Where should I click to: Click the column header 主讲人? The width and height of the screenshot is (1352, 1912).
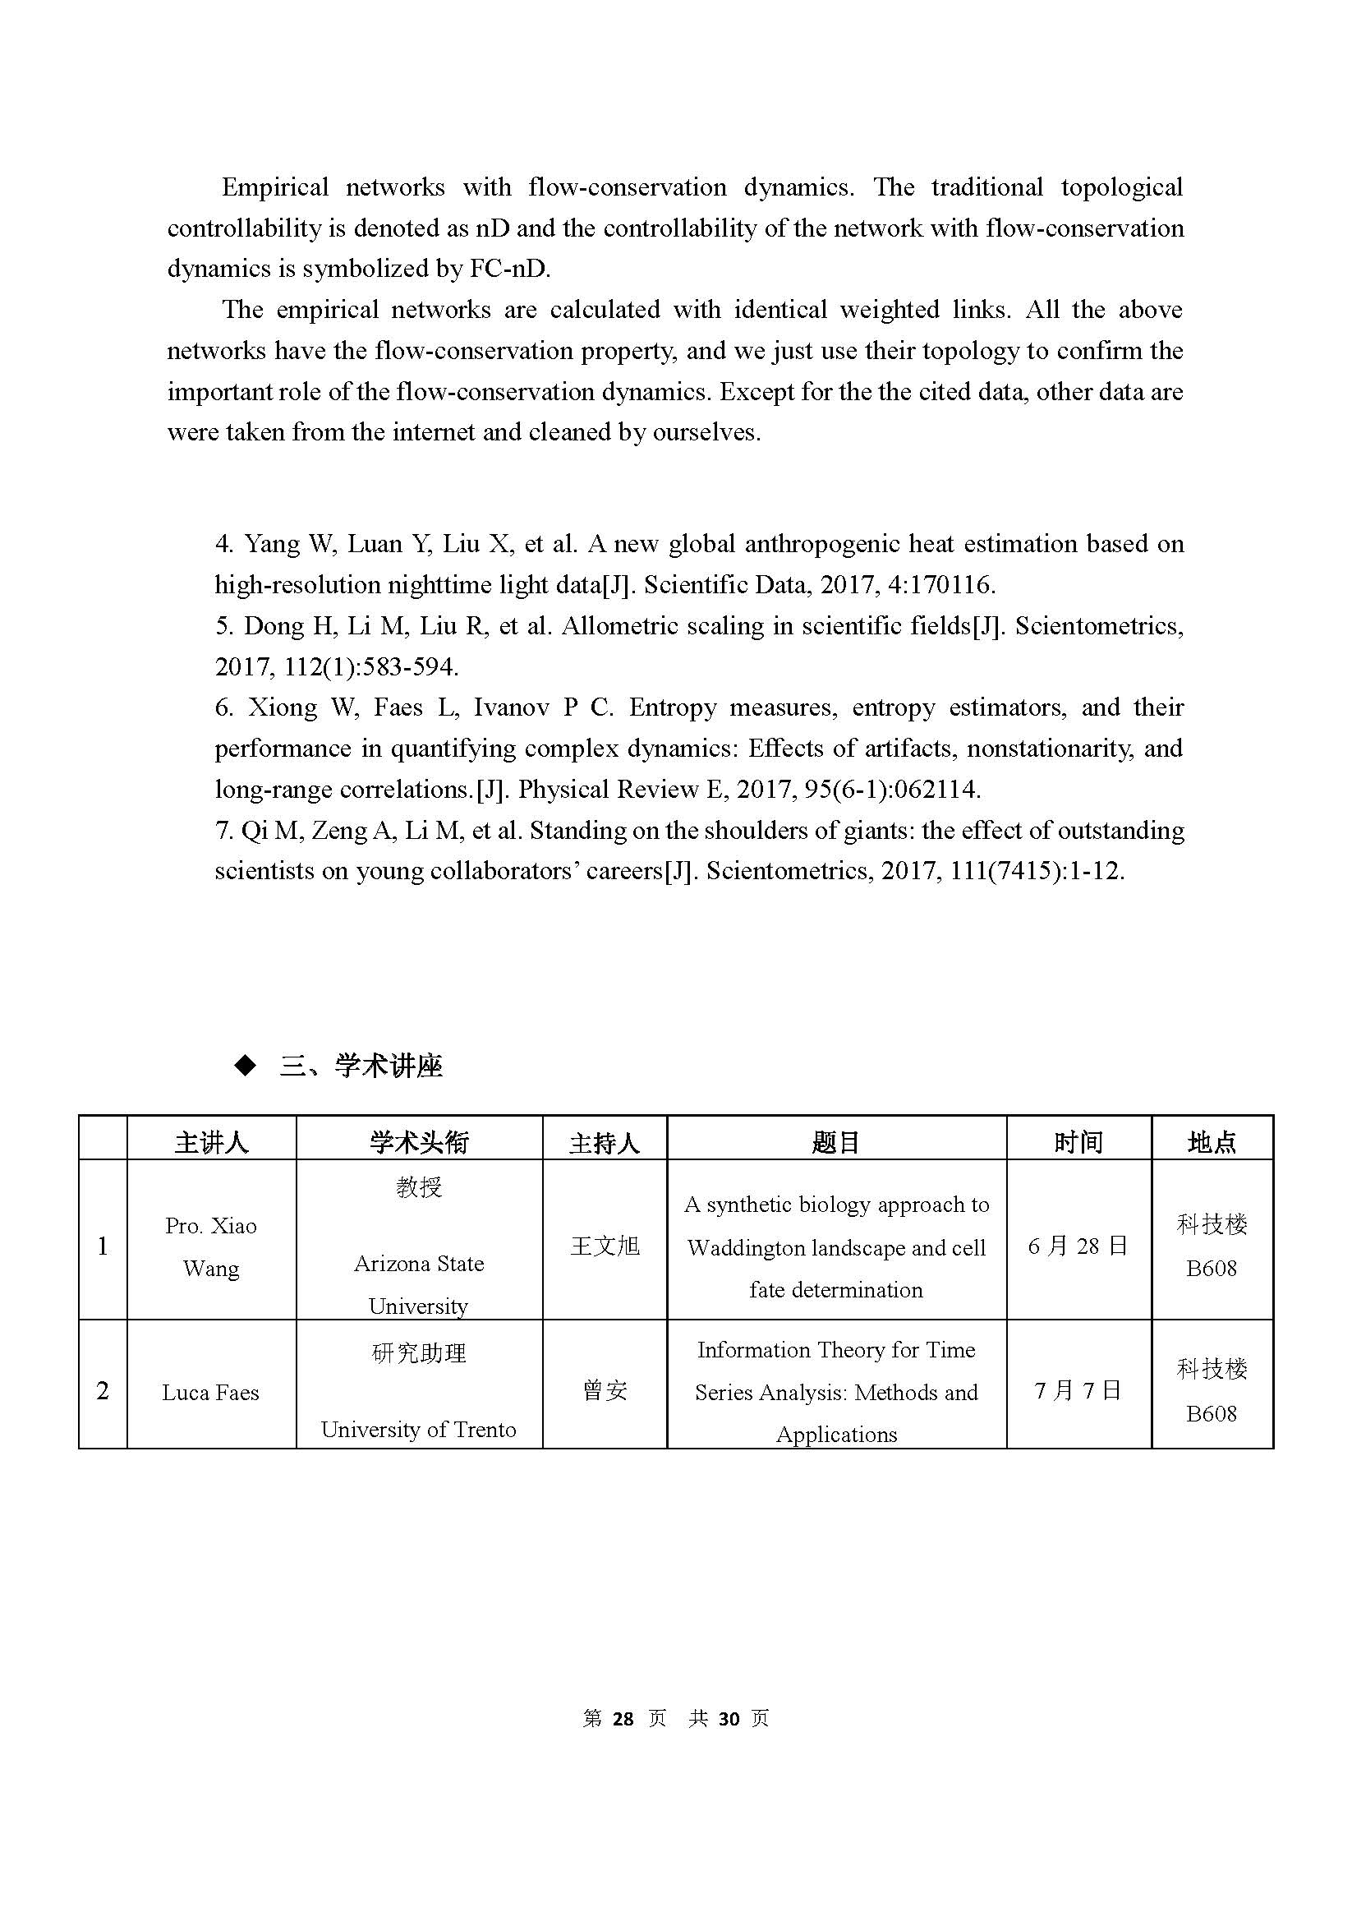pos(211,1142)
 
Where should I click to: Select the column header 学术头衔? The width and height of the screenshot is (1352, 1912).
pos(419,1142)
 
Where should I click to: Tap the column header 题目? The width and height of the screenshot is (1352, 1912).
pos(836,1142)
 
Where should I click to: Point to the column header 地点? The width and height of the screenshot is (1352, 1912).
pos(1212,1142)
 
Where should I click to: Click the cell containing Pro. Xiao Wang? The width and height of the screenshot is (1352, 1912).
pos(210,1246)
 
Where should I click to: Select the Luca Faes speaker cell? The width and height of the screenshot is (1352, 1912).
pos(210,1393)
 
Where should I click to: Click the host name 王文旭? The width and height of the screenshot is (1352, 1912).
pos(605,1246)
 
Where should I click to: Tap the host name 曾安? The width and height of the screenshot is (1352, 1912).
pos(605,1391)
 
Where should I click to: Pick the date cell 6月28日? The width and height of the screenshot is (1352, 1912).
pos(1078,1246)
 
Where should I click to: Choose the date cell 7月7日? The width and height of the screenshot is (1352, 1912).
pos(1078,1391)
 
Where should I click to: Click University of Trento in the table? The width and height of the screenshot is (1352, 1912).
pos(419,1430)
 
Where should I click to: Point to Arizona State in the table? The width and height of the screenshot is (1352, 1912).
pos(419,1263)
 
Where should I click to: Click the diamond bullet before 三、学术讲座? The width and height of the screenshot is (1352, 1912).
pos(246,1066)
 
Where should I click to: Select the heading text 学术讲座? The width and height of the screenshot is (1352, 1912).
pos(388,1066)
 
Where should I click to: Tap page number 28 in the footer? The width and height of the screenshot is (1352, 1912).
pos(623,1719)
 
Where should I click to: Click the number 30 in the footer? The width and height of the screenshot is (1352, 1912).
pos(729,1719)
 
